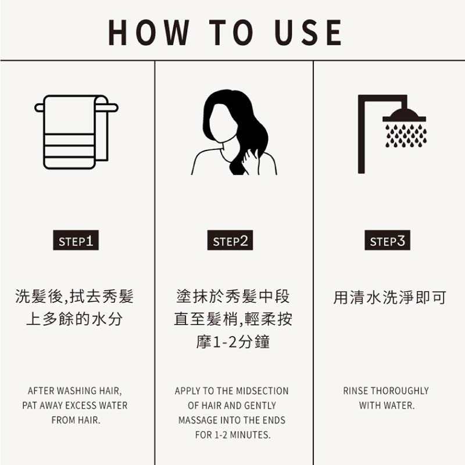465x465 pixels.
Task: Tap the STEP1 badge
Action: pos(76,241)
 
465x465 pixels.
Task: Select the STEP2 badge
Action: pos(230,241)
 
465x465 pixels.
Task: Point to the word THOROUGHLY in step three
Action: pos(399,391)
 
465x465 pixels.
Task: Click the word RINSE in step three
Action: pos(356,391)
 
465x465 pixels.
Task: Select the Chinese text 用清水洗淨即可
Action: pos(389,298)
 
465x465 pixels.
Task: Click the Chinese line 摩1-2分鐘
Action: pos(233,341)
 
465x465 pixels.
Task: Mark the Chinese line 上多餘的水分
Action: pos(74,319)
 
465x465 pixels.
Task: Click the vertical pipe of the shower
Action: pos(362,137)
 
